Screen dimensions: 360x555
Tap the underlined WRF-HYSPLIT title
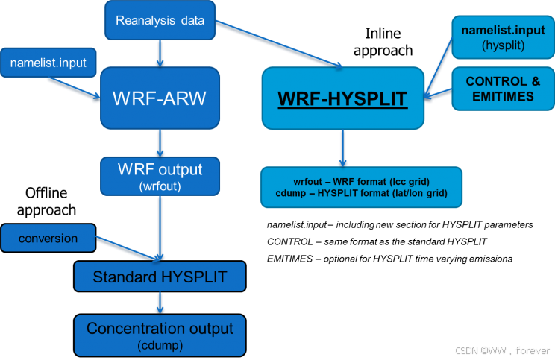[x=343, y=98]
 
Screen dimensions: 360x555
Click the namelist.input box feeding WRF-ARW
[x=48, y=63]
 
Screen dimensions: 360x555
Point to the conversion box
[x=48, y=239]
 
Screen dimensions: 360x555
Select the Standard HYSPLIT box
[x=160, y=278]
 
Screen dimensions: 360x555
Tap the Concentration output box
[x=160, y=335]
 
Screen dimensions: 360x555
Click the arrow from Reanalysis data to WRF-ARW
[x=160, y=54]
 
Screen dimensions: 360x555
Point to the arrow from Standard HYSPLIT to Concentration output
[x=160, y=303]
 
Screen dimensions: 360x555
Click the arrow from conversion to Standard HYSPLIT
[x=127, y=250]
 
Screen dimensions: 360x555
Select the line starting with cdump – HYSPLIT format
[x=361, y=193]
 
